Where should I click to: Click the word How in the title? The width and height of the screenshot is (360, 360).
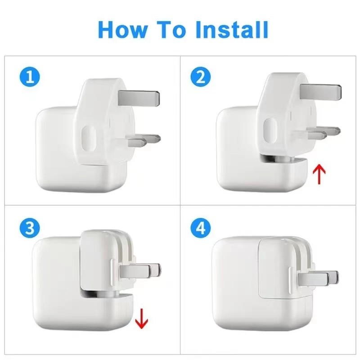(122, 29)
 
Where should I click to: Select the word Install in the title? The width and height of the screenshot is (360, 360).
(232, 29)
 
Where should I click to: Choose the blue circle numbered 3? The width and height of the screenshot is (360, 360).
(30, 228)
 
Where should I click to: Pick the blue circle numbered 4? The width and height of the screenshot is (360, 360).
(201, 228)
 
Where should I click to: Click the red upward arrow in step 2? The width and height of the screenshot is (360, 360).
(319, 174)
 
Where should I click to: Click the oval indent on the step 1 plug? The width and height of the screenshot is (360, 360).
(88, 138)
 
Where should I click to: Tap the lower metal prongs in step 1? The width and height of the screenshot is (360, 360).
(144, 140)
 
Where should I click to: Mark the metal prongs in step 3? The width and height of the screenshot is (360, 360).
(140, 271)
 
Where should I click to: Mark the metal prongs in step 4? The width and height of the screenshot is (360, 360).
(318, 278)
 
